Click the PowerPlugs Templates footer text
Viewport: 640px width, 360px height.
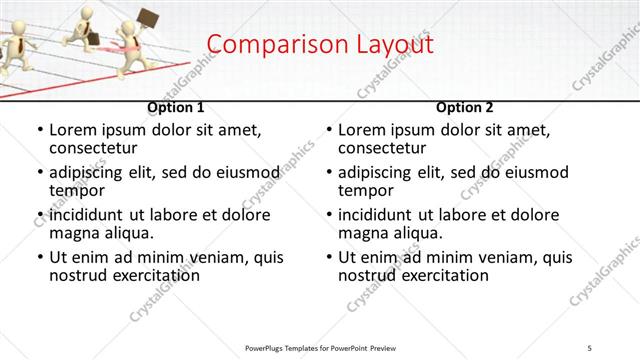(x=320, y=347)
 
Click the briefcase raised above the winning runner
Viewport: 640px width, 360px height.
(x=148, y=19)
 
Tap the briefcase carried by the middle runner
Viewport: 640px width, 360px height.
(x=91, y=39)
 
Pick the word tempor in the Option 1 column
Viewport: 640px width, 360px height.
(x=76, y=190)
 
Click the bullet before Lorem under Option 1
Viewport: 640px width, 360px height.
(x=39, y=130)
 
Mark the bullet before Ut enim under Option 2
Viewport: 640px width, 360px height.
(x=328, y=257)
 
